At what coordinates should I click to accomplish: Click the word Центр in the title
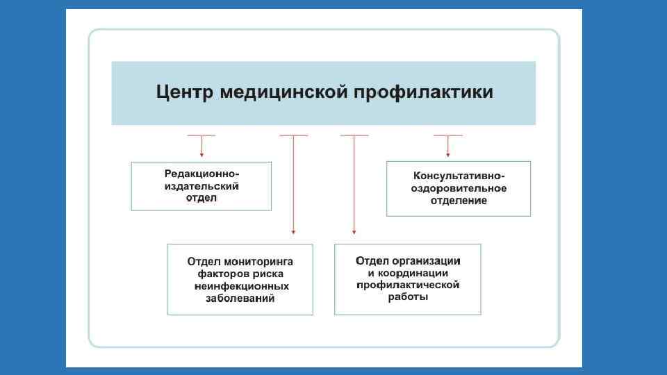[x=182, y=92]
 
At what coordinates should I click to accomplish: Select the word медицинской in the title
[x=282, y=92]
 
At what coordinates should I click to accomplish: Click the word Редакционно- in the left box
[x=201, y=174]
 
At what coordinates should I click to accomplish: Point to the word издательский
[x=201, y=186]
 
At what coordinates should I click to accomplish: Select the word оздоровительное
[x=459, y=188]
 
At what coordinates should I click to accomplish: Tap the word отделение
[x=459, y=201]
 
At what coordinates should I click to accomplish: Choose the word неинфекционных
[x=240, y=286]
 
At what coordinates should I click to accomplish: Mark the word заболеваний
[x=240, y=299]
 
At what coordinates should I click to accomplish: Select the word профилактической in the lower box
[x=408, y=285]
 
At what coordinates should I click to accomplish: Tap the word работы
[x=408, y=297]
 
